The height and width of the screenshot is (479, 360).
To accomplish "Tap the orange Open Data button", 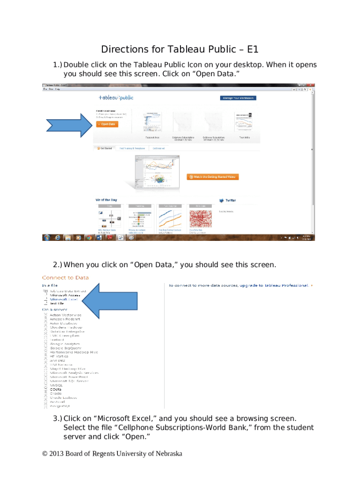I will (x=107, y=124).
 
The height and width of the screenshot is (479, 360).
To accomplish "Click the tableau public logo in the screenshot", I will (x=115, y=97).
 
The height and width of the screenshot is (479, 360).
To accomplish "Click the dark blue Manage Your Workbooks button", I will (x=238, y=98).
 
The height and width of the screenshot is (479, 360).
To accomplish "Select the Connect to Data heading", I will (x=65, y=278).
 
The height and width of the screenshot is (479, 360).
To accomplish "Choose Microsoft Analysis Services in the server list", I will (x=74, y=372).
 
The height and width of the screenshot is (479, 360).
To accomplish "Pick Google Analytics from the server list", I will (x=65, y=344).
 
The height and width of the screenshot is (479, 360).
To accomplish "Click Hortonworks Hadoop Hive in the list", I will (x=73, y=352).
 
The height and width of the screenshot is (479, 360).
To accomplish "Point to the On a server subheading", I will (x=55, y=309).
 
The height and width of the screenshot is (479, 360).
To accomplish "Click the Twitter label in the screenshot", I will (x=230, y=200).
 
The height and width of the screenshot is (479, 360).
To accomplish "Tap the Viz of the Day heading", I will (x=106, y=200).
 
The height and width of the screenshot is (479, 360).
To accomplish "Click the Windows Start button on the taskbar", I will (x=47, y=237).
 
